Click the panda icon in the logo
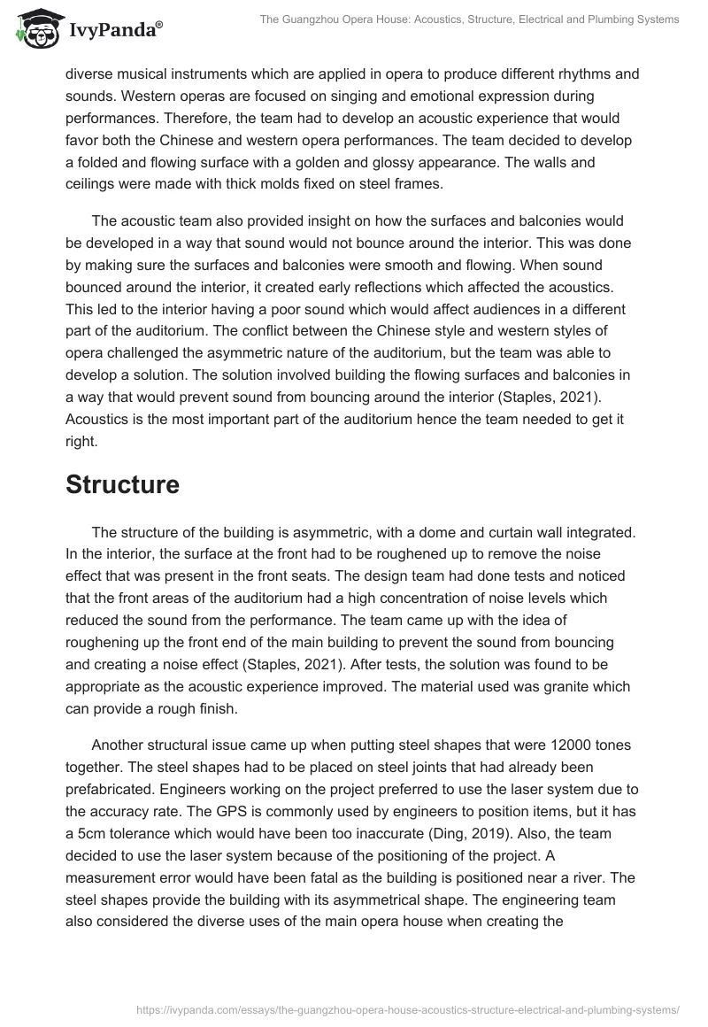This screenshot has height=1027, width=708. click(35, 27)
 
